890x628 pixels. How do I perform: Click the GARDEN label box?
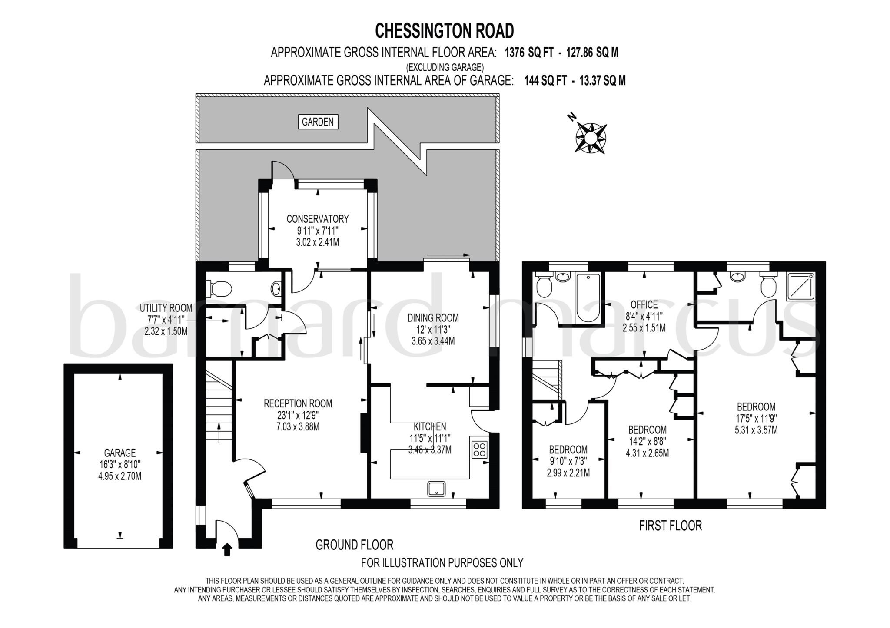click(x=318, y=122)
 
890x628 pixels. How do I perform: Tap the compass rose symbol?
click(x=591, y=138)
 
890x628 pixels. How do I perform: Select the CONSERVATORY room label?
click(x=318, y=218)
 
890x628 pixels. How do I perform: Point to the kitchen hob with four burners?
click(x=480, y=449)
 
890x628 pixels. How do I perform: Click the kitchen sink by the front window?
click(x=436, y=489)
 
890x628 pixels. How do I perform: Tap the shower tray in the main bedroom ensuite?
click(x=800, y=286)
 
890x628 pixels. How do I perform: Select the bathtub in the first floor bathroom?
click(x=588, y=299)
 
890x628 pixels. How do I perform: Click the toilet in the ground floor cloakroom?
click(x=221, y=288)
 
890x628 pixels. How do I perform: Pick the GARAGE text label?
click(x=120, y=453)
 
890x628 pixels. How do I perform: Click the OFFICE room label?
click(x=644, y=305)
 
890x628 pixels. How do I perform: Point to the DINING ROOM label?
click(x=433, y=318)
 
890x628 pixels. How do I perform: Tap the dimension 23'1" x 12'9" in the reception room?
click(x=298, y=415)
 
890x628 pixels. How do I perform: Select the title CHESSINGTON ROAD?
click(x=444, y=31)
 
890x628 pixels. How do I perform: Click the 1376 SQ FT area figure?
click(x=529, y=53)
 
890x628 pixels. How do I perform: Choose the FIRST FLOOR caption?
click(x=670, y=526)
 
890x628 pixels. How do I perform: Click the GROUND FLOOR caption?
click(x=354, y=545)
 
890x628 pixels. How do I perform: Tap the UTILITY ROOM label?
click(x=166, y=308)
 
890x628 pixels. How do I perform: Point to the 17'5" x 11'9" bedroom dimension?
click(x=756, y=419)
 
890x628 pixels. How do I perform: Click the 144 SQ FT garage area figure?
click(x=545, y=81)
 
